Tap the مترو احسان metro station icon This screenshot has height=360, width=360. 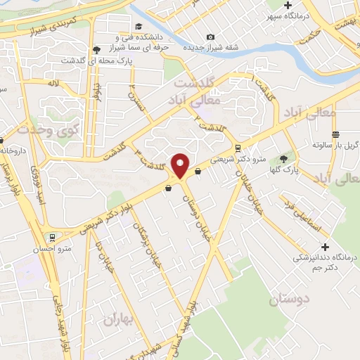coord(51,237)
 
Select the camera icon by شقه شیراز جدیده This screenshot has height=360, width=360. coord(210,37)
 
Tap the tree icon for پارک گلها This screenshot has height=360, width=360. coord(283,159)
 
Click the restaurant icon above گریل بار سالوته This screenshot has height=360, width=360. coord(335,134)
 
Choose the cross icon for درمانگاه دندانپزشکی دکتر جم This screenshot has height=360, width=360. coord(325,247)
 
